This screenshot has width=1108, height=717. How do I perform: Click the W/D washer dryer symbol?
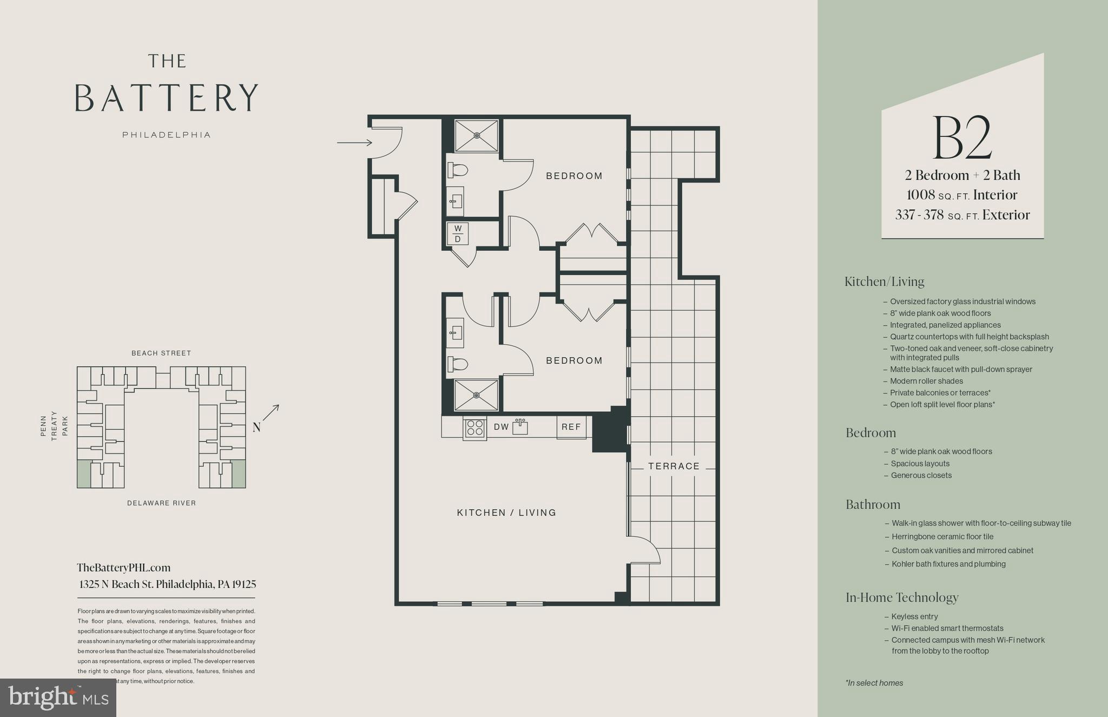click(458, 234)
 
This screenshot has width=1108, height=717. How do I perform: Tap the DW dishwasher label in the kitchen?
click(501, 427)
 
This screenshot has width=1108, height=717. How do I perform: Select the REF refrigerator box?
click(571, 427)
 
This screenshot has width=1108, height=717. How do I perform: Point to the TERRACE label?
click(674, 466)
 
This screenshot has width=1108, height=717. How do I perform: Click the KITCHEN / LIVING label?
click(506, 512)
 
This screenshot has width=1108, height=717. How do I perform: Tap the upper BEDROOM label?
click(574, 176)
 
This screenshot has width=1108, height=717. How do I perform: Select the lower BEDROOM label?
click(574, 360)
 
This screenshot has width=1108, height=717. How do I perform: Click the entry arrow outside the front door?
click(354, 143)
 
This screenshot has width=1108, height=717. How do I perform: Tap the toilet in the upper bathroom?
click(458, 170)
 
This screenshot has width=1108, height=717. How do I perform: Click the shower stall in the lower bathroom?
click(476, 395)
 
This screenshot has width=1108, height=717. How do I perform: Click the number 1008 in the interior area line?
click(921, 195)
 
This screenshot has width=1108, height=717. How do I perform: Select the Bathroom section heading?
click(873, 504)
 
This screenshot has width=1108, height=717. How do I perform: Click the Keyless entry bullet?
click(914, 616)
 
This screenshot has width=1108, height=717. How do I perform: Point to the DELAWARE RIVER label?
click(161, 503)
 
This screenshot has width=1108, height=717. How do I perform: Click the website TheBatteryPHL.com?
click(123, 568)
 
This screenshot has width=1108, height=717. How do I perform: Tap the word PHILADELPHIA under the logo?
click(166, 135)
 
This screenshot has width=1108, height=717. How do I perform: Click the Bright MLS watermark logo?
click(58, 698)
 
